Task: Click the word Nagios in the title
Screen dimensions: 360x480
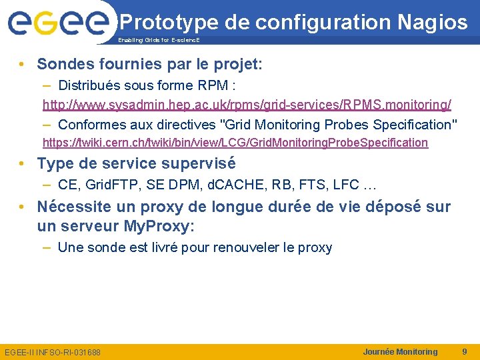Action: [433, 23]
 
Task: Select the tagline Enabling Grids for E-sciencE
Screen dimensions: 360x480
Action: [158, 41]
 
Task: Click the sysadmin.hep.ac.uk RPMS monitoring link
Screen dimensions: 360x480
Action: [247, 105]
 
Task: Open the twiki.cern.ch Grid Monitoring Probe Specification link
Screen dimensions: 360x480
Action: [235, 143]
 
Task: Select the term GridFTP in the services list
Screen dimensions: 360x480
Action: [109, 185]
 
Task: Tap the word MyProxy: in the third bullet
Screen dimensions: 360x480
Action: [159, 226]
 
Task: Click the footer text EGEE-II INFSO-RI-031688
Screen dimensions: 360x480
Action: [53, 352]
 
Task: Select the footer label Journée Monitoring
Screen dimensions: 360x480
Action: [400, 351]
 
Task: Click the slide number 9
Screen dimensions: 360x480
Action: [464, 351]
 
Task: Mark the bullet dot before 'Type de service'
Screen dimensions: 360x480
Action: [23, 164]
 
